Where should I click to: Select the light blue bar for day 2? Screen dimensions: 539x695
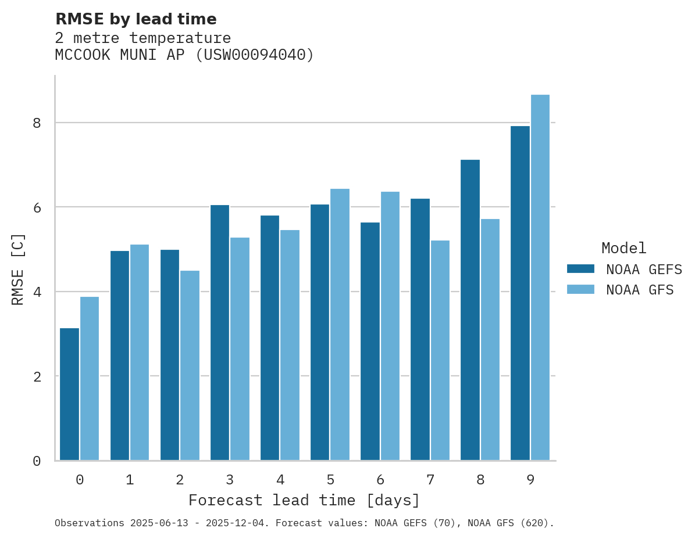(190, 365)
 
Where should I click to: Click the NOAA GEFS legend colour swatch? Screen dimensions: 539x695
(580, 269)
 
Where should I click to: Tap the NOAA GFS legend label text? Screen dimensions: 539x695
(640, 290)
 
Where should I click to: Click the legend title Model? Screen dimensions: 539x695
(623, 249)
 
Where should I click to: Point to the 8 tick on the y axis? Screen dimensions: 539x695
(37, 123)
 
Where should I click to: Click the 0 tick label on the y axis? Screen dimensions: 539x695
(37, 461)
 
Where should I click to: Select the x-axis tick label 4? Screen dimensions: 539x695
(280, 480)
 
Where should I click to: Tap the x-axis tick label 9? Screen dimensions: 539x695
(530, 480)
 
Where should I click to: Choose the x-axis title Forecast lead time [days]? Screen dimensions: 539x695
(304, 501)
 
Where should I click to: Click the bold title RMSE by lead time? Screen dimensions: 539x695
(136, 19)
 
